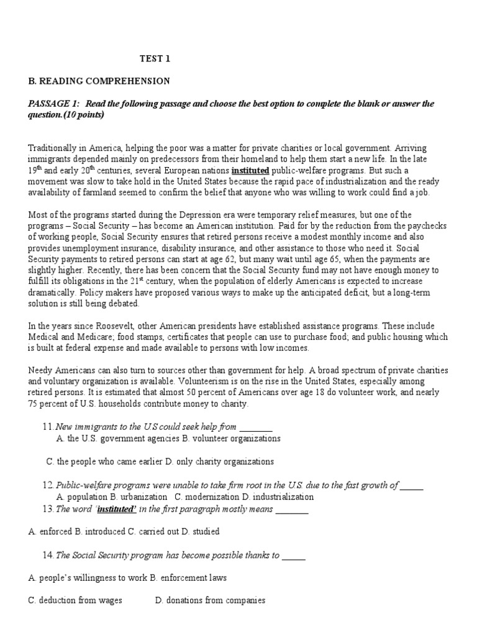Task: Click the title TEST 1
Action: [153, 59]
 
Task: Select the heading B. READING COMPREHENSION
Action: [99, 81]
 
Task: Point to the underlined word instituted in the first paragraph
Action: [250, 170]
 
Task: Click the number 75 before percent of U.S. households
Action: [34, 404]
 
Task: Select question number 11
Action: [48, 427]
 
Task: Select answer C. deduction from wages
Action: [75, 600]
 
